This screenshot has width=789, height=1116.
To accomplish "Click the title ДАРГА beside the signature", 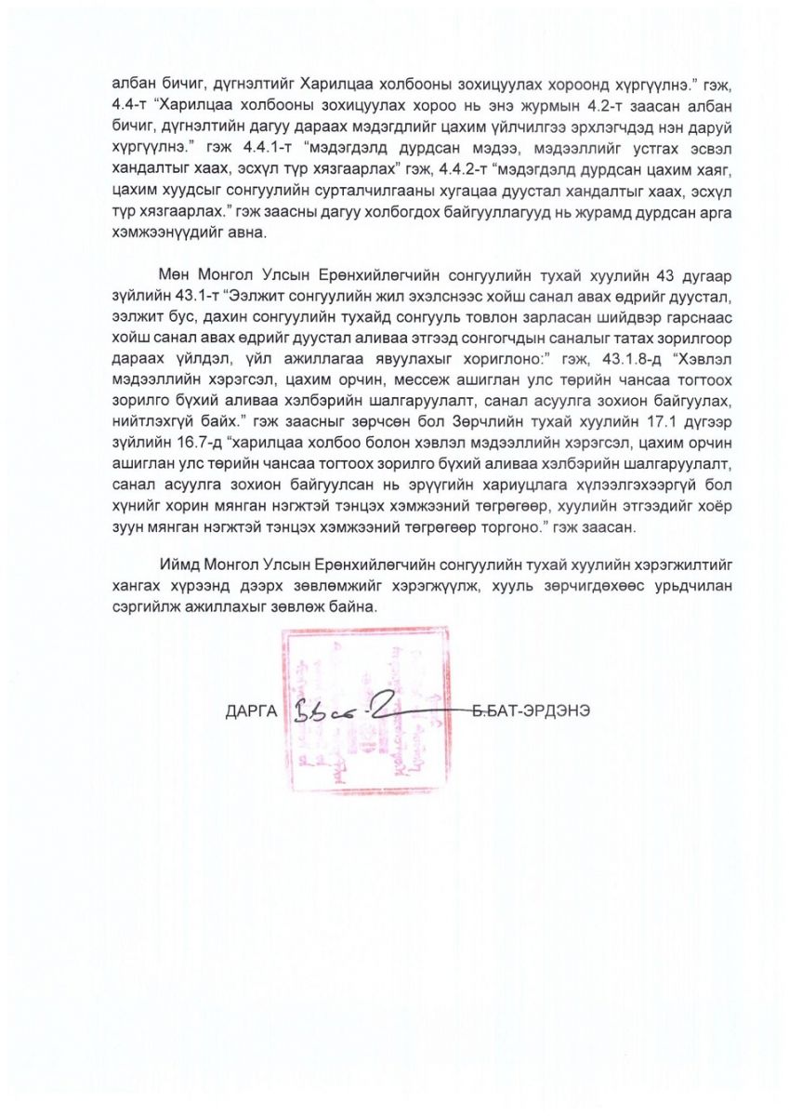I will pyautogui.click(x=252, y=712).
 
